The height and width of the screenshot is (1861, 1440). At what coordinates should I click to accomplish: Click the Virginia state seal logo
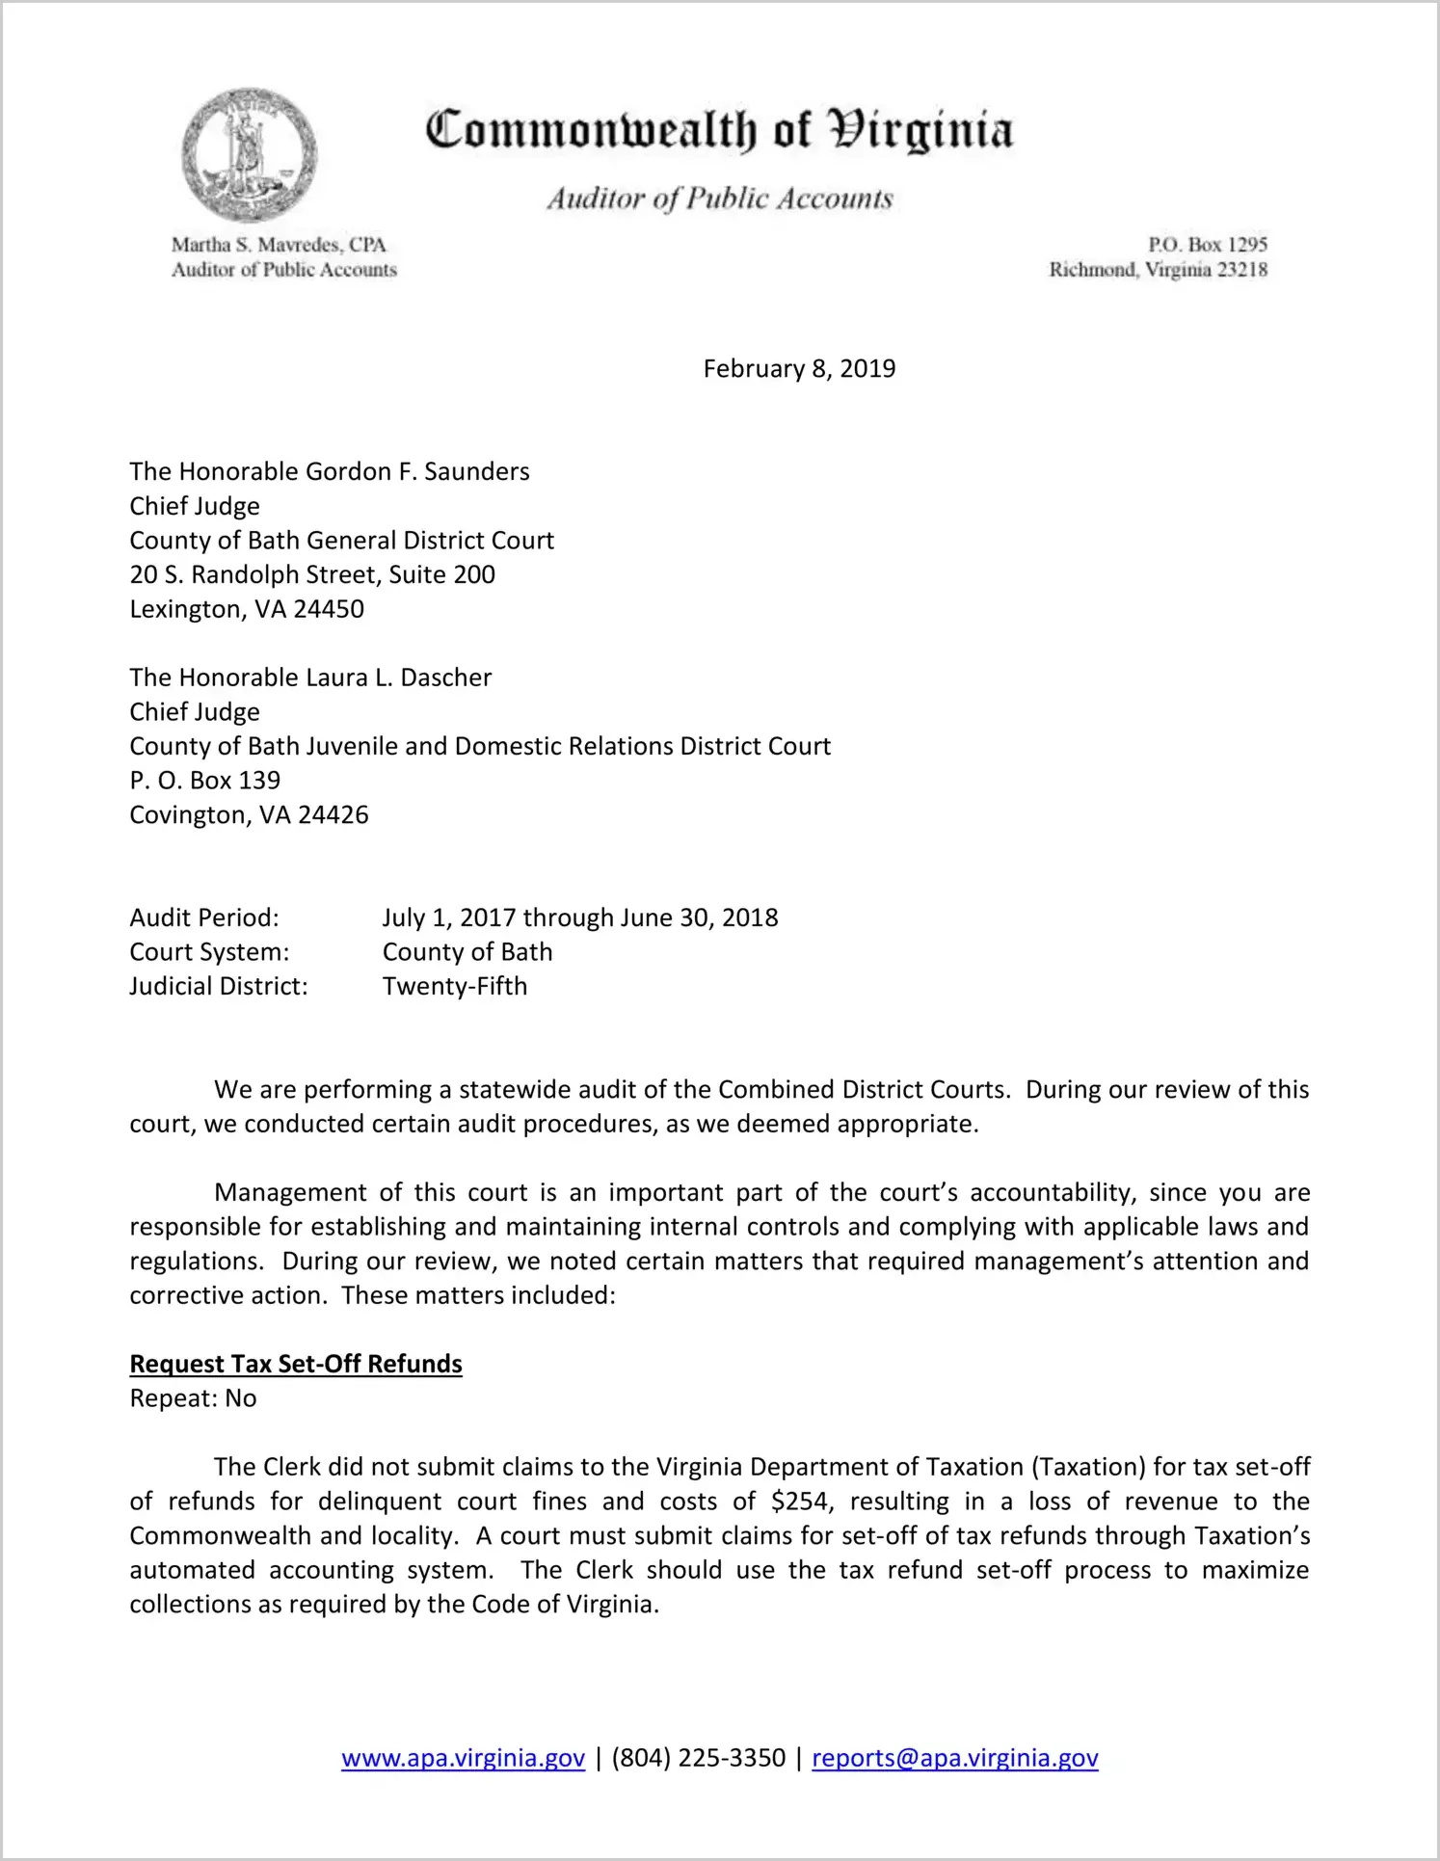click(249, 155)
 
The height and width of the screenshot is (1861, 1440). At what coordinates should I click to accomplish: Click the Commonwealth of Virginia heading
click(719, 130)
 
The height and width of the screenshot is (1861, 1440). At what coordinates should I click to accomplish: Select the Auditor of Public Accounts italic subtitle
click(719, 199)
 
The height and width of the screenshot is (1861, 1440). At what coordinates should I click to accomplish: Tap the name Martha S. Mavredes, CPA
click(278, 245)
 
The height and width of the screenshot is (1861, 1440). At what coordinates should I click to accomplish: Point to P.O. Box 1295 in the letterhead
click(1207, 245)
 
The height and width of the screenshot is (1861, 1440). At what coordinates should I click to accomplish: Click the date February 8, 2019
click(799, 369)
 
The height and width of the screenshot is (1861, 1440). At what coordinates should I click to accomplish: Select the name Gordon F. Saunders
click(404, 472)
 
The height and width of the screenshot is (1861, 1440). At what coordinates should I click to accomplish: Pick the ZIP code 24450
click(329, 610)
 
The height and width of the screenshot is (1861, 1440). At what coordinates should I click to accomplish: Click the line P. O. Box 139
click(205, 781)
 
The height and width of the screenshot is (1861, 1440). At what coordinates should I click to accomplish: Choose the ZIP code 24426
click(333, 815)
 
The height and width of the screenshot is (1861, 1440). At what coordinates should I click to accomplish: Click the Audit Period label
click(204, 917)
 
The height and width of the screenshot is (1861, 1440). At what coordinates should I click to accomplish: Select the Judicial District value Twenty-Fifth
click(455, 987)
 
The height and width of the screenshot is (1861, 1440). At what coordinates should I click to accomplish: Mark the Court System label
click(209, 952)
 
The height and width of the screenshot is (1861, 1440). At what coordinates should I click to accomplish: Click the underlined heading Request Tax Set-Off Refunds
click(296, 1365)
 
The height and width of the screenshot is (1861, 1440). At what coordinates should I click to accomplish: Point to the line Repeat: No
click(193, 1398)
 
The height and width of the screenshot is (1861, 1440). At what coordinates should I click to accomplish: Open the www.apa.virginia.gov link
click(463, 1758)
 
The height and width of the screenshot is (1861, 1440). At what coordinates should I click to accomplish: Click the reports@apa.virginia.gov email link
click(954, 1758)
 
